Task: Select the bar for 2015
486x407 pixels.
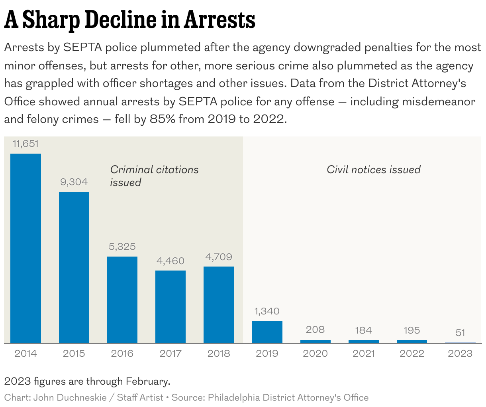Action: pos(74,267)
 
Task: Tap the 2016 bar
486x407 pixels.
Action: pos(122,300)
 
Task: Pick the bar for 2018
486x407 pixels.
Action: pos(219,304)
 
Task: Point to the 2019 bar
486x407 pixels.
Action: pos(267,332)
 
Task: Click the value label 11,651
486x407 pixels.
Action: pos(25,144)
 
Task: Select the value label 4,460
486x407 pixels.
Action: pos(170,261)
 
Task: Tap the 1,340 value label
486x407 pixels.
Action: pos(267,311)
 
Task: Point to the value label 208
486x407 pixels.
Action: pos(315,330)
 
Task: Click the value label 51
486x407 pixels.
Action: pos(460,333)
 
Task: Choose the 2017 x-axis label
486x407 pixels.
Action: pos(170,354)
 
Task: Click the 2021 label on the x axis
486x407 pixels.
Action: pos(364,354)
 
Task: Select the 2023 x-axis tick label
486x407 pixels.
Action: pos(460,354)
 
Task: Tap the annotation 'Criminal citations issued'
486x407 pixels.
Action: pos(154,176)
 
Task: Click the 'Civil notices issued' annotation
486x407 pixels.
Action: pos(374,170)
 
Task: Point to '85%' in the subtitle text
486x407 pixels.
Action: pos(162,119)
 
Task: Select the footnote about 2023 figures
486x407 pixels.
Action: pos(87,381)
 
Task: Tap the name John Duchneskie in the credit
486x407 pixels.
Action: pos(70,398)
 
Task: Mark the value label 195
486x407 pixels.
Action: pos(412,330)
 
